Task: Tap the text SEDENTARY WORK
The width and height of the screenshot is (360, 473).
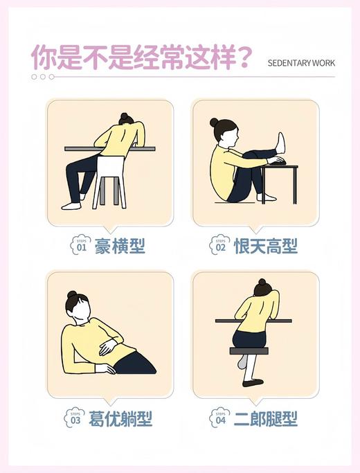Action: coord(301,63)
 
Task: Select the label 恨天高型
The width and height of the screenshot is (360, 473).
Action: coord(266,246)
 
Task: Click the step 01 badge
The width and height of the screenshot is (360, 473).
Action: coord(80,245)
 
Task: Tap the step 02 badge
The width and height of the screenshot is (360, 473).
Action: coord(220,245)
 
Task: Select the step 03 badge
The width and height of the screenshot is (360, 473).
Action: coord(74,418)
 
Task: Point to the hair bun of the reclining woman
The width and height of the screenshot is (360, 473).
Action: coord(72,294)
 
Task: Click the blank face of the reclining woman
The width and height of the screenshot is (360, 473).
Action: coord(81,312)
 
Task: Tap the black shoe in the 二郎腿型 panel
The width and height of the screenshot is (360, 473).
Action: coord(253,382)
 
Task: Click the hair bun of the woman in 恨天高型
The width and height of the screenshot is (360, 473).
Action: coord(214,123)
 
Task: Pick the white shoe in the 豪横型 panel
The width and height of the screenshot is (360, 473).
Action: coord(71,205)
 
